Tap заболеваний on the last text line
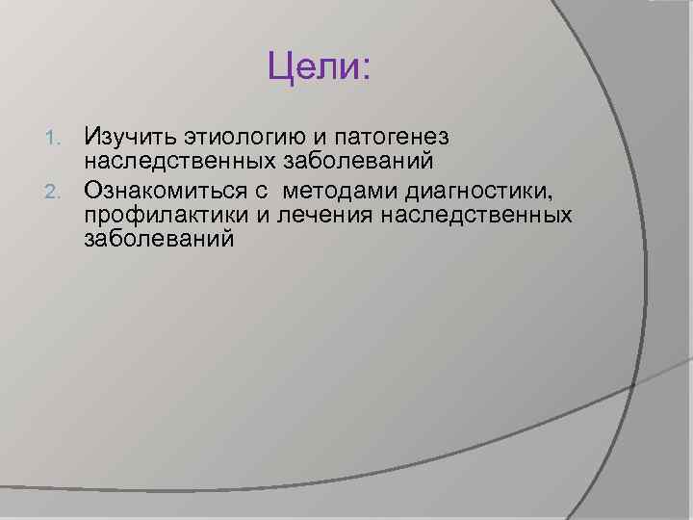(159, 238)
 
